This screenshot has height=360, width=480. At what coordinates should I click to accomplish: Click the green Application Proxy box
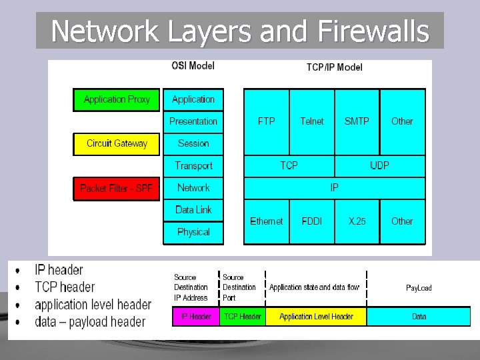click(x=117, y=99)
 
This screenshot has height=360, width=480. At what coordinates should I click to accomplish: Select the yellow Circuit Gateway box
click(x=117, y=143)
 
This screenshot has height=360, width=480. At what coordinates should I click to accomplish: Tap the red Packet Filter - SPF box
click(x=117, y=188)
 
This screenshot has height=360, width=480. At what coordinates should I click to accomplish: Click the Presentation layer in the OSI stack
click(x=193, y=121)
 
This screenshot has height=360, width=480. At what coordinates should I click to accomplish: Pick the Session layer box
click(x=193, y=143)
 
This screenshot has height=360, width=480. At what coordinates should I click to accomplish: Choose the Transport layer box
click(x=193, y=165)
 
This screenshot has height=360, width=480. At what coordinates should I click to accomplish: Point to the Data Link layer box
click(x=193, y=210)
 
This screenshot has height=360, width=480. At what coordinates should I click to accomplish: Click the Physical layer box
click(x=193, y=232)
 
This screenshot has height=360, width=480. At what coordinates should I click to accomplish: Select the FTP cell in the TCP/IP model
click(x=267, y=121)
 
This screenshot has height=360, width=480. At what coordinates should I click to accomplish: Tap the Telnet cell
click(x=312, y=121)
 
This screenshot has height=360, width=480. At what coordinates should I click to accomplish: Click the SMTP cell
click(x=357, y=121)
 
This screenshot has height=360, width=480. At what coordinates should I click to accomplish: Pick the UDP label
click(x=379, y=165)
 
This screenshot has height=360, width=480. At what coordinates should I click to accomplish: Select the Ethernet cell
click(x=267, y=221)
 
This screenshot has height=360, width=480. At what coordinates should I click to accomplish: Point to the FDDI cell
click(x=312, y=221)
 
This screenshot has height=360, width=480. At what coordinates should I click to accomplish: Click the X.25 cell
click(x=357, y=221)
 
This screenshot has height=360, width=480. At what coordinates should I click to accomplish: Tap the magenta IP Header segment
click(x=196, y=316)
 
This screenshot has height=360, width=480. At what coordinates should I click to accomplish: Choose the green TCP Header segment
click(x=243, y=316)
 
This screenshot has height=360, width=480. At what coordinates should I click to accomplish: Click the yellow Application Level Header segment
click(x=316, y=316)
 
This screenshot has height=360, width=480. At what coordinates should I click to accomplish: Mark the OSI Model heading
click(x=193, y=66)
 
